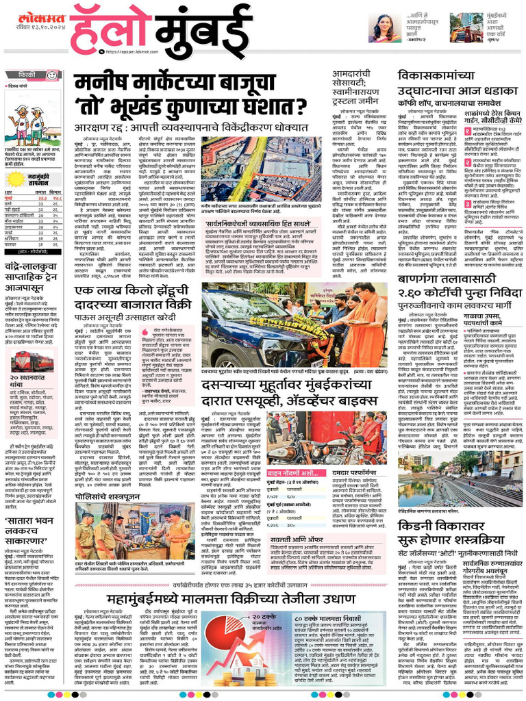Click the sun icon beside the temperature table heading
tap(14, 179)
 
